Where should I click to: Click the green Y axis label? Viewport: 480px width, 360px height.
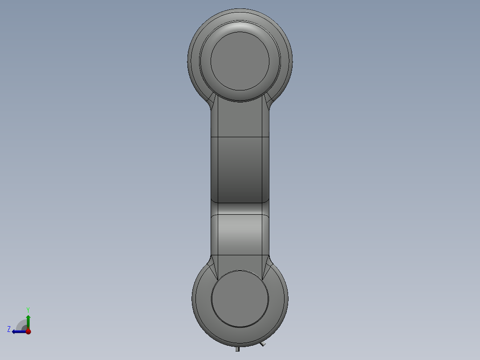pos(28,309)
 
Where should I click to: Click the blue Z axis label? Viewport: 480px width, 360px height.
pos(9,329)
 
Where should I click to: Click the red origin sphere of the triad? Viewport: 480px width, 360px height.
pos(28,331)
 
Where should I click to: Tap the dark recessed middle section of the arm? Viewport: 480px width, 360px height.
pos(240,169)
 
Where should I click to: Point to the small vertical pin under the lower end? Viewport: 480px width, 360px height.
pos(238,349)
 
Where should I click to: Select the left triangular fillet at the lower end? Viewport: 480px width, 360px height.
pos(214,267)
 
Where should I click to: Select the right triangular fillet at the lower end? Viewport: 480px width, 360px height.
pos(267,267)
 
